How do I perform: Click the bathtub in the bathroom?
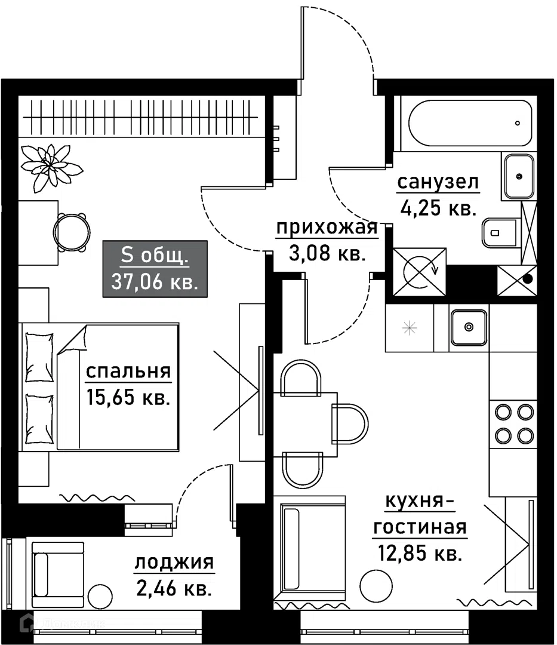coord(470,123)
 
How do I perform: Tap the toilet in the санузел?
coord(500,233)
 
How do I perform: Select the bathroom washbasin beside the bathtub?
coord(519,176)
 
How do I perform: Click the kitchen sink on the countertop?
coord(469,327)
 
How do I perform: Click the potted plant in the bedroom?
coord(51,167)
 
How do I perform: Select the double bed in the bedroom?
coord(99,387)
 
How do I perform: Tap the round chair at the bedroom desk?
coord(72,232)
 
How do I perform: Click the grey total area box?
coord(155,269)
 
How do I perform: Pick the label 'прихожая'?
coord(327,228)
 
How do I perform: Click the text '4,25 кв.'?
coord(438,208)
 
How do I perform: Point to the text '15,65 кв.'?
coord(128,397)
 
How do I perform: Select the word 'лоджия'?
coord(174,563)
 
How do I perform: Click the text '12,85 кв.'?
coord(420,553)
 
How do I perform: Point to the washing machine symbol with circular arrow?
coord(420,272)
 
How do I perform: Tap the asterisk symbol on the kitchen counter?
coord(410,328)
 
